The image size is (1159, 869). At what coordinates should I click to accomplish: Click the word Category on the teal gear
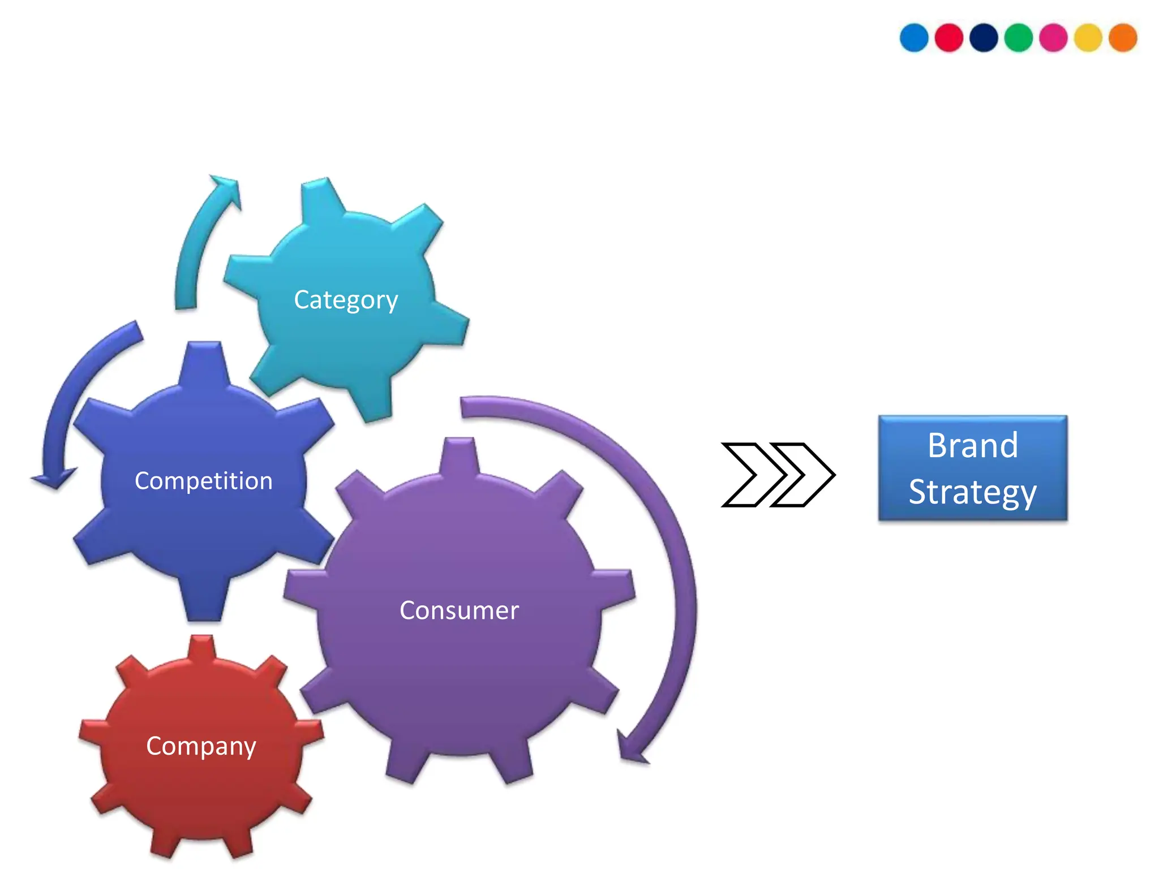click(x=346, y=299)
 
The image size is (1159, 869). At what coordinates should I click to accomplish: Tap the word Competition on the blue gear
click(x=204, y=481)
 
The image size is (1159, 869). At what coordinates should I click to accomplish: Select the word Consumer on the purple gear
click(x=459, y=610)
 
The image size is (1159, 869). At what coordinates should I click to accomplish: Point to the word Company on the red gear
click(x=201, y=746)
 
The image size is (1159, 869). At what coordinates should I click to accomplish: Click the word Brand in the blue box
click(x=973, y=445)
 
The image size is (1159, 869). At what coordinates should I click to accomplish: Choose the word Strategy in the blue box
click(x=973, y=492)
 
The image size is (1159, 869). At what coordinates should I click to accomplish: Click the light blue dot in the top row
click(x=914, y=38)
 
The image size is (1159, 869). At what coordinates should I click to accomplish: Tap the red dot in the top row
click(x=949, y=38)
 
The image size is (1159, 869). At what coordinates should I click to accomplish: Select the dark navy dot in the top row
click(x=984, y=38)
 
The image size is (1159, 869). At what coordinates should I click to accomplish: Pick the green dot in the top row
click(x=1019, y=38)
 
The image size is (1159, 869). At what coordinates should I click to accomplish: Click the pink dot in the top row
click(x=1053, y=38)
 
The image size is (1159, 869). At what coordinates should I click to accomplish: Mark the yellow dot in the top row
click(x=1088, y=38)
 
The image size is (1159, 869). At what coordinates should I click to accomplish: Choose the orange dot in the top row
click(x=1123, y=38)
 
